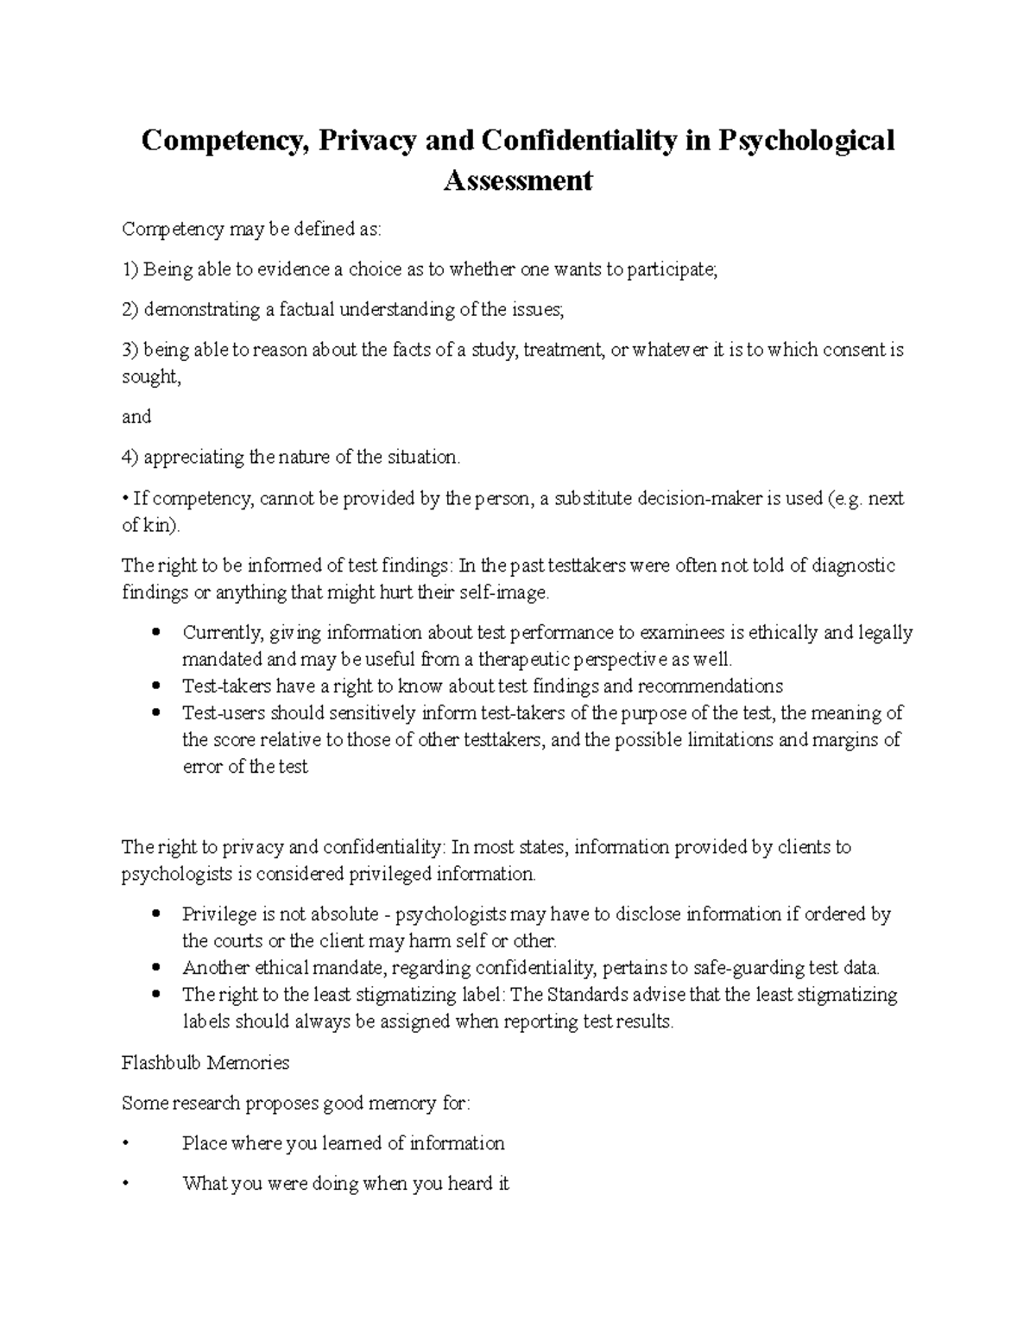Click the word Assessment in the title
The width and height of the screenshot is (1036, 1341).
pos(518,180)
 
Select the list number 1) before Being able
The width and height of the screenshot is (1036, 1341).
pos(130,269)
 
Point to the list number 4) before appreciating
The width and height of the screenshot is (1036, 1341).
pos(130,457)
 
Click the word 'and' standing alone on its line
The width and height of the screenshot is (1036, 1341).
pos(136,417)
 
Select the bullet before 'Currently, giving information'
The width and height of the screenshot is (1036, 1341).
pos(155,632)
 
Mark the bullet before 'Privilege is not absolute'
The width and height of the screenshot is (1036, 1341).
pos(155,914)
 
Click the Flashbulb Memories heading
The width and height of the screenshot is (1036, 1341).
pos(205,1062)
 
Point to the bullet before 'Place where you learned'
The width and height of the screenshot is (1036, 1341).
pos(126,1143)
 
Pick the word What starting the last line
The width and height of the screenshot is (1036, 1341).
pos(204,1183)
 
